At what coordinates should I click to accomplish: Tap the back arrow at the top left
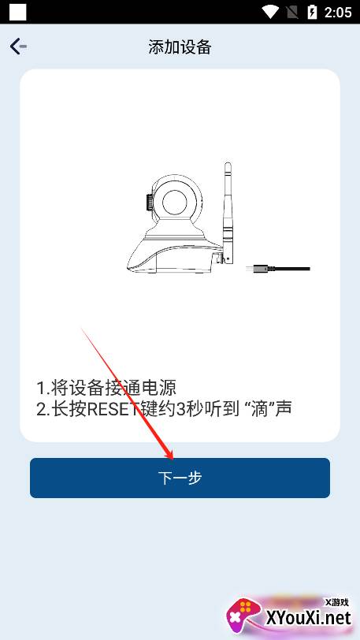[x=18, y=47]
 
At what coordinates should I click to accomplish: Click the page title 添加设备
[x=180, y=47]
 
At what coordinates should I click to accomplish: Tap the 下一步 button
[x=180, y=478]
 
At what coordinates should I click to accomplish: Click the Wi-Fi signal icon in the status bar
[x=270, y=13]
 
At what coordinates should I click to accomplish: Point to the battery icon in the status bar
[x=312, y=13]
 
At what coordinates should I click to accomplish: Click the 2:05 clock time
[x=338, y=13]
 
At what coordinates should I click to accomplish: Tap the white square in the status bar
[x=17, y=13]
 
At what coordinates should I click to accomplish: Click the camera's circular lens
[x=176, y=202]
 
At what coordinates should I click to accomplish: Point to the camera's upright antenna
[x=228, y=212]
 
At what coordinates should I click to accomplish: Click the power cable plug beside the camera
[x=278, y=269]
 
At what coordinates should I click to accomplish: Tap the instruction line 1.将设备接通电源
[x=106, y=388]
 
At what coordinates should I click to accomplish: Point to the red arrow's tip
[x=173, y=458]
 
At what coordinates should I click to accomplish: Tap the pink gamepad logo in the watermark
[x=244, y=616]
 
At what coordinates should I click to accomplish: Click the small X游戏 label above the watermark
[x=336, y=602]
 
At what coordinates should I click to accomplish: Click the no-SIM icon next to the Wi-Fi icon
[x=293, y=13]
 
